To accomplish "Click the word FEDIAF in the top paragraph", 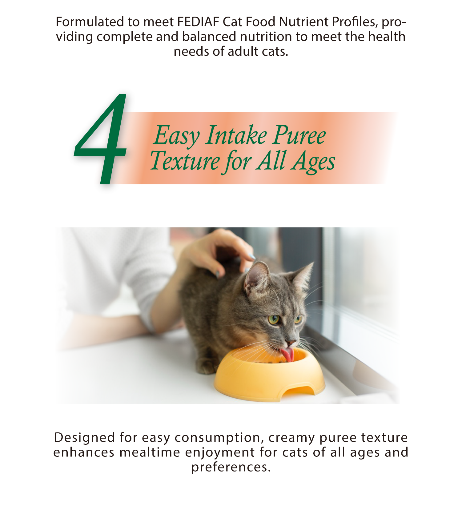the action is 199,22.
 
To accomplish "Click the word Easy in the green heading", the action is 177,135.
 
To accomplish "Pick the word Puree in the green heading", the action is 299,135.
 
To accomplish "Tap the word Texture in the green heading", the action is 185,161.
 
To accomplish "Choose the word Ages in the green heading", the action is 314,162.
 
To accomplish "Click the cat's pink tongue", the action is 287,354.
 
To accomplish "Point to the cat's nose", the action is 291,343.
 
